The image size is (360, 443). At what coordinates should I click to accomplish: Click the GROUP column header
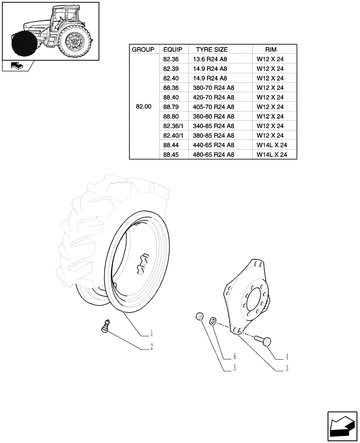(143, 50)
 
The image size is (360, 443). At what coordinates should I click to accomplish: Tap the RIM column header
(270, 50)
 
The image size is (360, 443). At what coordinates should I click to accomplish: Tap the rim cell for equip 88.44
(272, 145)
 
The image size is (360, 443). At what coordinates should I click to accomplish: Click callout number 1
(152, 333)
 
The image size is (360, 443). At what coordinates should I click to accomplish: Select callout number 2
(152, 346)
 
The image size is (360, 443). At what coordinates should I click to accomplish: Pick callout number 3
(287, 368)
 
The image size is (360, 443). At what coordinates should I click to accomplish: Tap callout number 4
(287, 356)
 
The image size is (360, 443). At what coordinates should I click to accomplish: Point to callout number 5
(235, 368)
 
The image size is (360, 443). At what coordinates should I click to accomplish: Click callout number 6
(235, 356)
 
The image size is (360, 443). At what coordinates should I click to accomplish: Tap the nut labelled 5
(200, 317)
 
